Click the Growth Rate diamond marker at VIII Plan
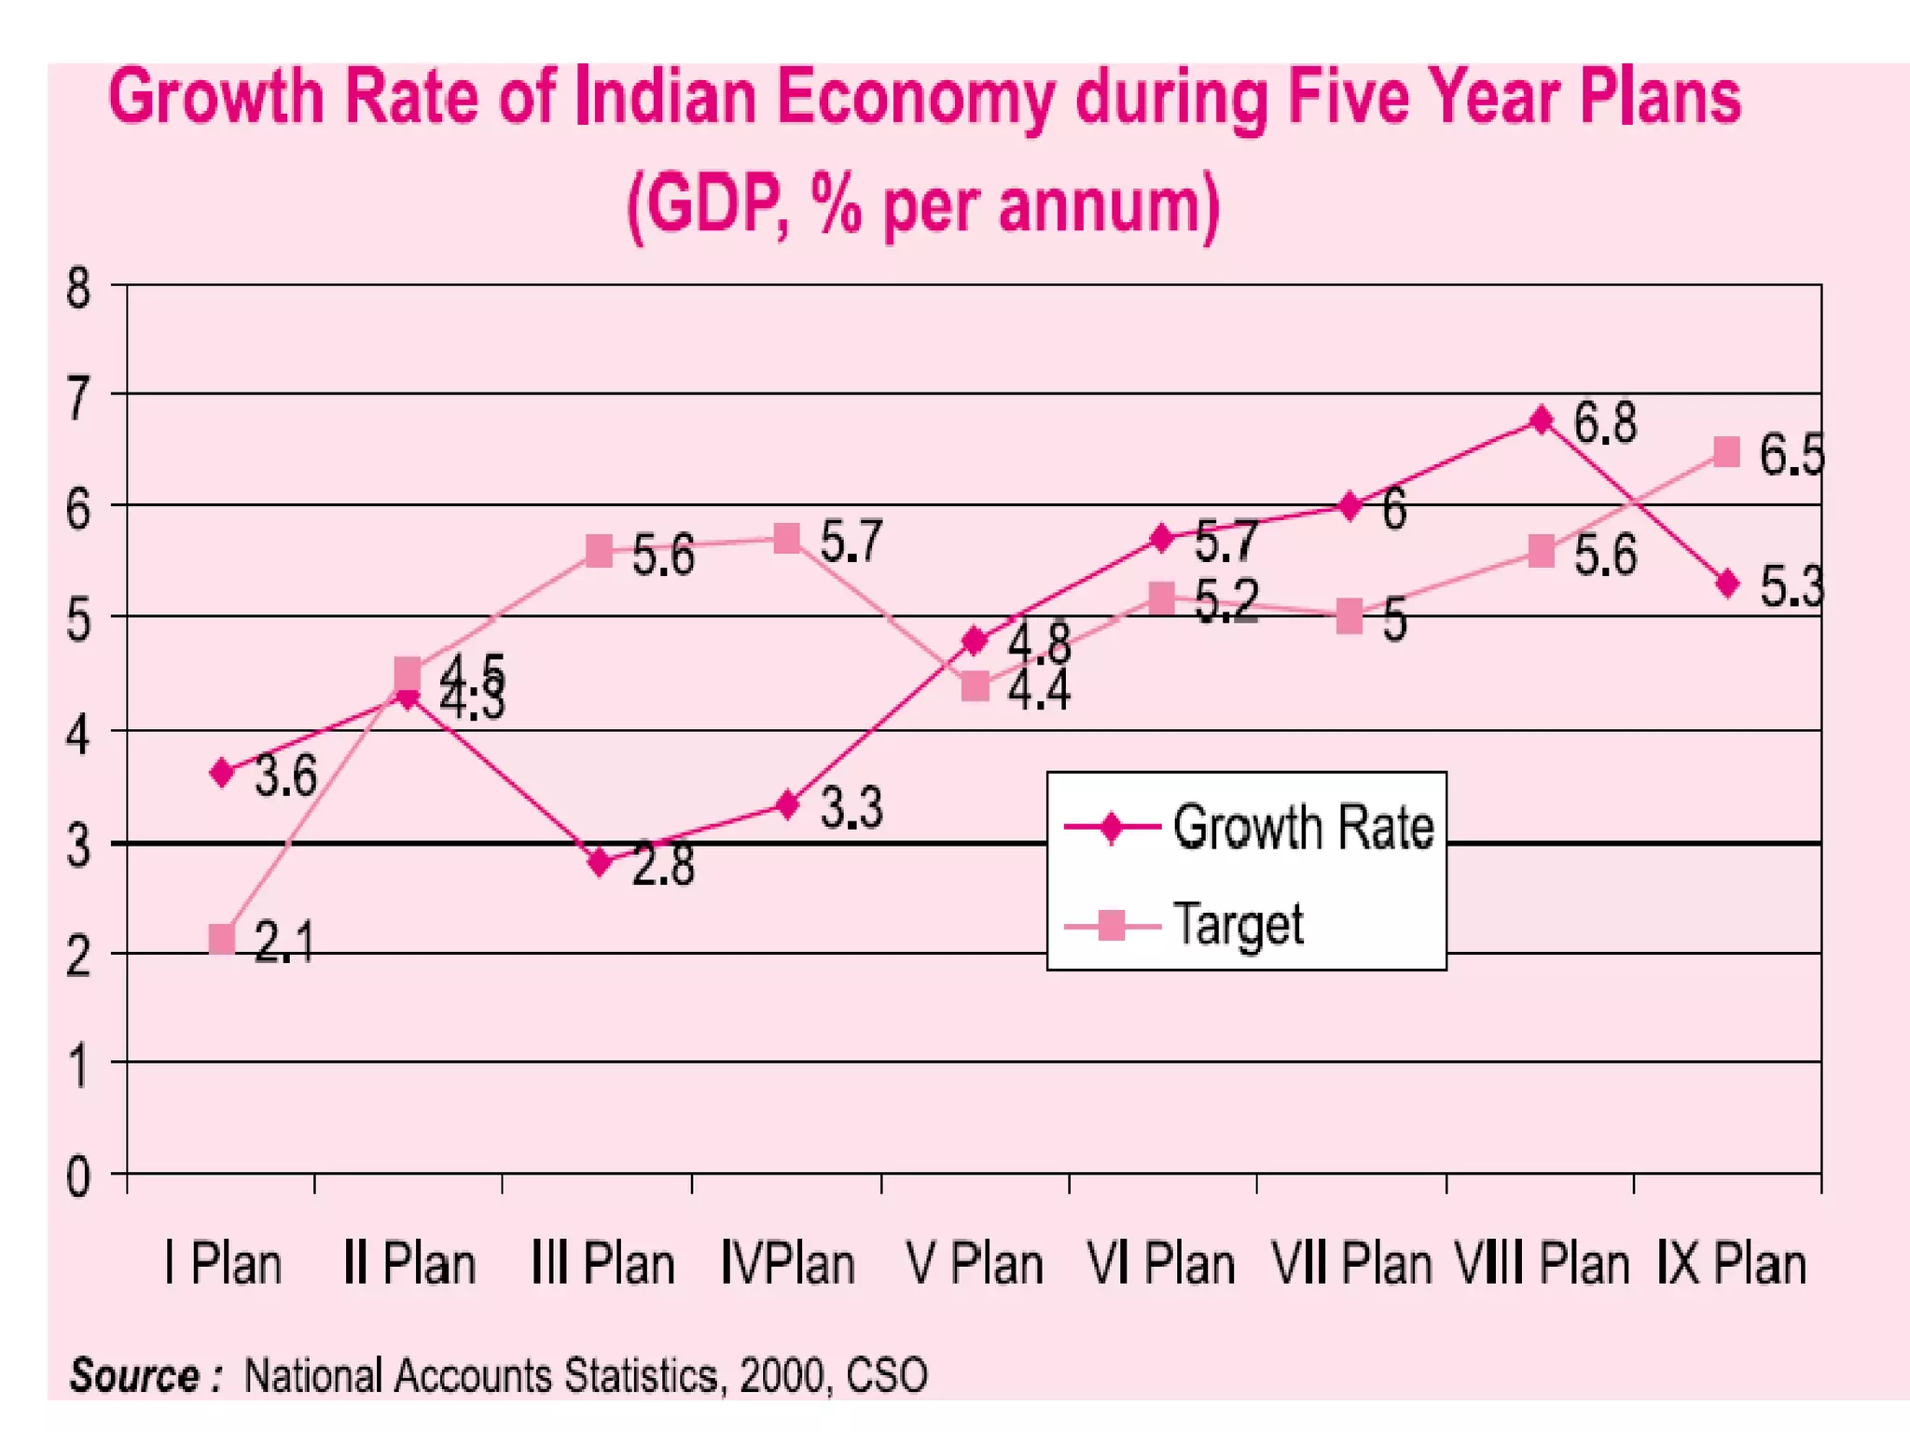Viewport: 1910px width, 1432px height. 1542,420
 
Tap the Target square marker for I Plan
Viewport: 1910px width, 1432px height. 222,939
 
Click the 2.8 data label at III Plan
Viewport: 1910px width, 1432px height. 663,866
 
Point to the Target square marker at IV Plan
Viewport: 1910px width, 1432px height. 787,538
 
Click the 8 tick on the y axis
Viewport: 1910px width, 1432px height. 78,288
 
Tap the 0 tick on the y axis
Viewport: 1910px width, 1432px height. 78,1177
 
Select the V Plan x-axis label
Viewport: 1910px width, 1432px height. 975,1265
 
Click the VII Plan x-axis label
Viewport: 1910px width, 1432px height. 1351,1265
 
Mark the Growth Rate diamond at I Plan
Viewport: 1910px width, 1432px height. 222,772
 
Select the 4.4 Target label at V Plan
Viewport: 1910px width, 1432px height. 1039,691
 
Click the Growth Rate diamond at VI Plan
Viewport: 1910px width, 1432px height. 1162,538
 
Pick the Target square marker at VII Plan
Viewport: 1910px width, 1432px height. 1349,616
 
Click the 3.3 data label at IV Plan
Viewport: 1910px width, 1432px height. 851,808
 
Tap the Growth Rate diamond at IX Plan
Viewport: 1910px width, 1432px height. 1728,584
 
